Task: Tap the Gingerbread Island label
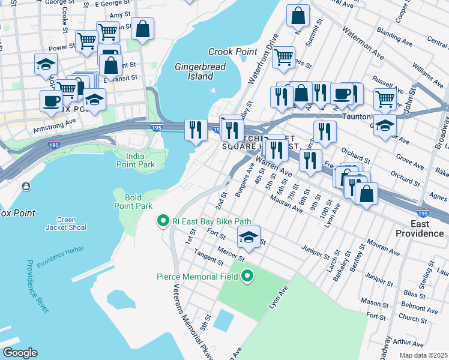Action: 194,71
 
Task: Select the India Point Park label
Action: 136,160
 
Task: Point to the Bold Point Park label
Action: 133,202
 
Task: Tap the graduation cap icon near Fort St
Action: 249,237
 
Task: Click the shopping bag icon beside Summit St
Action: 298,16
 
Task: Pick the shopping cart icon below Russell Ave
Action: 384,99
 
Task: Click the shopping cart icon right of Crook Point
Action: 283,58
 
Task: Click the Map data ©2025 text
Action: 423,355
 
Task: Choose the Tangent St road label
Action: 208,256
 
